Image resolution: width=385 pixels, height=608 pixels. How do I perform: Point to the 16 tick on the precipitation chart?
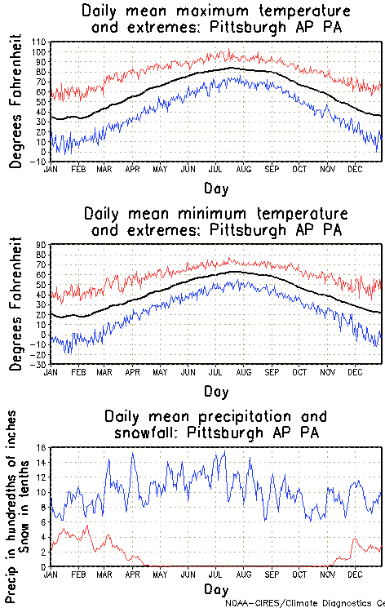[42, 447]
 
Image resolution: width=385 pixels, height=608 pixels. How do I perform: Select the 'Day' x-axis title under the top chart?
[216, 187]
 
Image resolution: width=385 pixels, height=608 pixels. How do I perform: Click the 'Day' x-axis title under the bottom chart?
[216, 589]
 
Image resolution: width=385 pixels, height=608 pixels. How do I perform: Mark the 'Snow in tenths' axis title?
[30, 506]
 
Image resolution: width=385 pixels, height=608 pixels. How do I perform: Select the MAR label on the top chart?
[104, 169]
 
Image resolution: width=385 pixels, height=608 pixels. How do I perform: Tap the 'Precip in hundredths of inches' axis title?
[12, 506]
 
